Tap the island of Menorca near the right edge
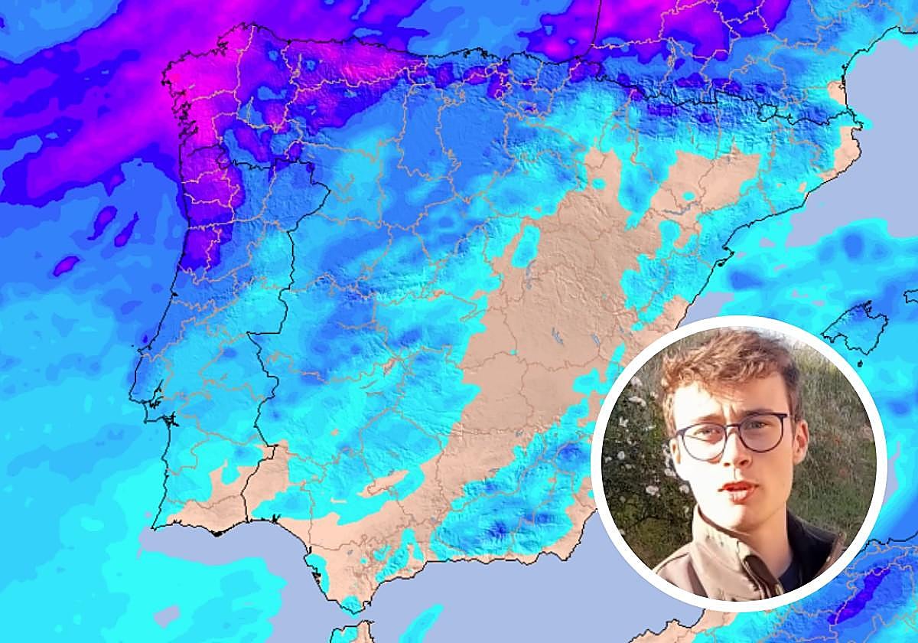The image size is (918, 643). point(911,295)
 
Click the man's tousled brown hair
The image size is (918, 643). point(727,367)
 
